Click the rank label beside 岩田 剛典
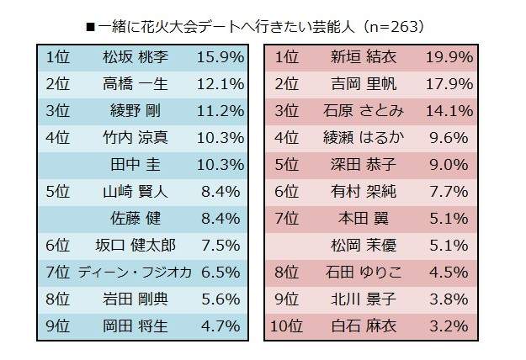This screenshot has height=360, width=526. coord(58,299)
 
